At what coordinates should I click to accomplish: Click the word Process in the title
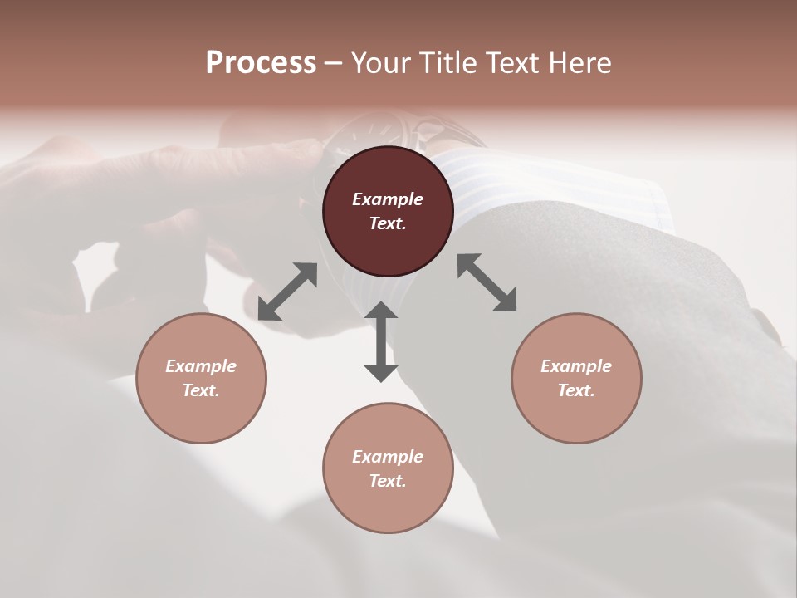(261, 63)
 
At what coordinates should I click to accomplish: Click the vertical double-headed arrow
(381, 341)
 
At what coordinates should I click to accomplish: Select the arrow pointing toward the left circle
(287, 292)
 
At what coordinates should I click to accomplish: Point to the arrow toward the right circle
(487, 282)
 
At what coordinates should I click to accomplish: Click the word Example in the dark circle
(388, 199)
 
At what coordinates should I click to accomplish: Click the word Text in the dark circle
(388, 223)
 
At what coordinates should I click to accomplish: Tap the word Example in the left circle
(201, 366)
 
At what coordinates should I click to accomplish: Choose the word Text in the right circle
(576, 390)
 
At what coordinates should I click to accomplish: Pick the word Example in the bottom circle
(388, 457)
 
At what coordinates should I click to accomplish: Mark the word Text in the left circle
(201, 390)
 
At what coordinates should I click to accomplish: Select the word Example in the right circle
(576, 366)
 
